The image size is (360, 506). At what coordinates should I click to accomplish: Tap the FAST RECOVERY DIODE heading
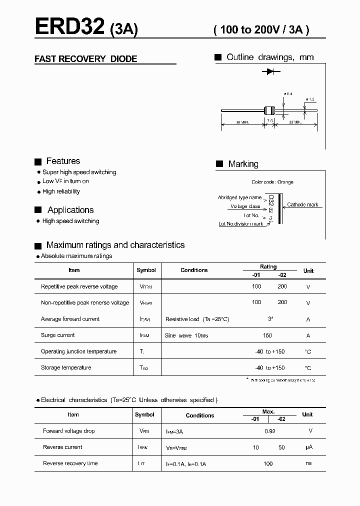[x=85, y=59]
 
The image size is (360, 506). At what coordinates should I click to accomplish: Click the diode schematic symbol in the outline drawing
[x=270, y=72]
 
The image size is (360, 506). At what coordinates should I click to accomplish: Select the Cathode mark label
[x=302, y=205]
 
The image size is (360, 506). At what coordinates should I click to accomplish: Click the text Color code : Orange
[x=272, y=182]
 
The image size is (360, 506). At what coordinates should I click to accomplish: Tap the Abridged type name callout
[x=239, y=197]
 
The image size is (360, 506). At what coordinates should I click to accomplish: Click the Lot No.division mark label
[x=241, y=224]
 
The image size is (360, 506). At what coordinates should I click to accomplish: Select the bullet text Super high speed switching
[x=79, y=172]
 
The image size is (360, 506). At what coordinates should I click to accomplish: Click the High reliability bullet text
[x=61, y=191]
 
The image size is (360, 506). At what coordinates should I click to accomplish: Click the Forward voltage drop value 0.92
[x=269, y=431]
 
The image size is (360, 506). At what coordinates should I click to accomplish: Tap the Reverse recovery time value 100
[x=268, y=463]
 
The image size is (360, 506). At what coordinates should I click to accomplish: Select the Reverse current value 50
[x=281, y=447]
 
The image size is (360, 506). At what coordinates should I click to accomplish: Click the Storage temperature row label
[x=66, y=367]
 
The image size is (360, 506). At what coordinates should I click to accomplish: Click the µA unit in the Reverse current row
[x=308, y=447]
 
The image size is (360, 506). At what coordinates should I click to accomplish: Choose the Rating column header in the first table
[x=268, y=267]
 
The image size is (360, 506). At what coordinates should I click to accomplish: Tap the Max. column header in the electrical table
[x=268, y=411]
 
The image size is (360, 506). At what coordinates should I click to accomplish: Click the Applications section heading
[x=70, y=210]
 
